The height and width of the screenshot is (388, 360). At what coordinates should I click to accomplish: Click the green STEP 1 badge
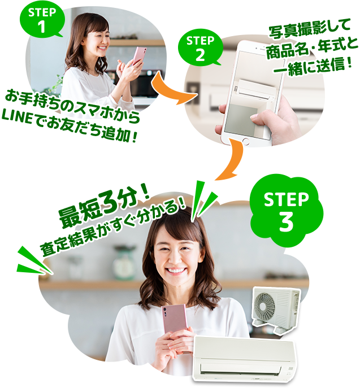tap(42, 20)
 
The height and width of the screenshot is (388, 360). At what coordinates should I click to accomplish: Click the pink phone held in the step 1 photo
tap(138, 56)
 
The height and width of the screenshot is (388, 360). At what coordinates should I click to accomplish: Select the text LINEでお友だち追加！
tap(70, 122)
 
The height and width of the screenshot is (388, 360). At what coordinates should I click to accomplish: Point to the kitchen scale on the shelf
tap(124, 262)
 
